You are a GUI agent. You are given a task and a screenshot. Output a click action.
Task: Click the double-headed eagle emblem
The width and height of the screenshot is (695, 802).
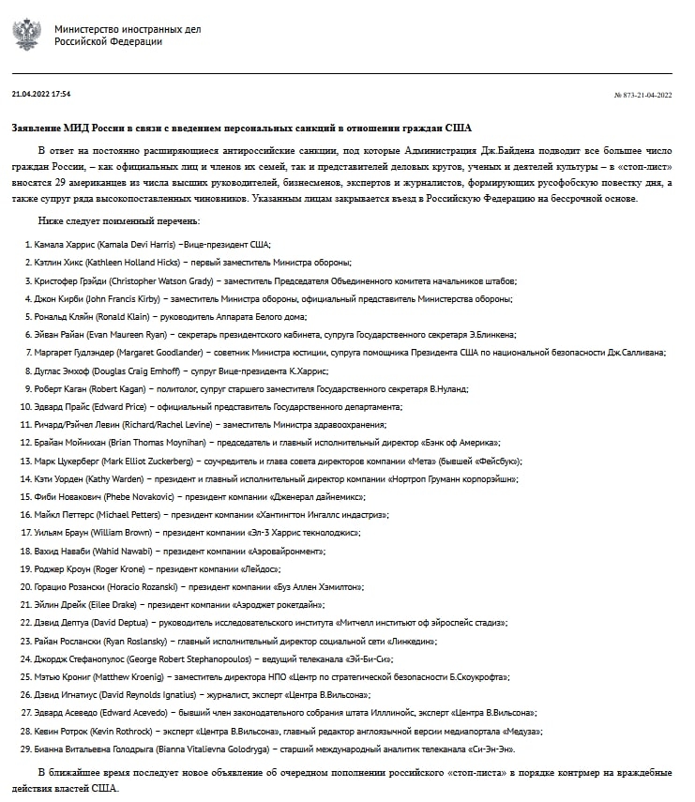[x=26, y=35]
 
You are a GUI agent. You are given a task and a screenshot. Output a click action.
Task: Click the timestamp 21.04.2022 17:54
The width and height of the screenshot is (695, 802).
[x=41, y=94]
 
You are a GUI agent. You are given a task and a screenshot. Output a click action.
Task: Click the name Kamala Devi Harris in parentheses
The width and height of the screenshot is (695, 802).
[x=140, y=244]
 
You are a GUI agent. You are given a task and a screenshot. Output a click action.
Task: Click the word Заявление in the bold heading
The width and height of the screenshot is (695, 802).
[x=40, y=128]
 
